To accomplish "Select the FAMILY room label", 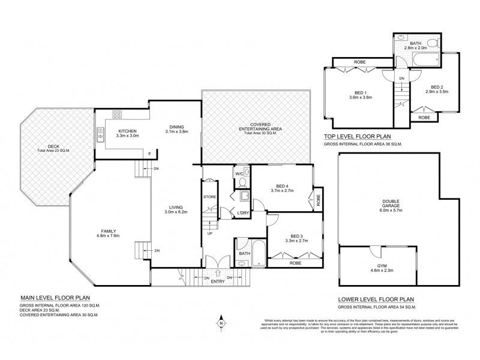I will tap(109, 231).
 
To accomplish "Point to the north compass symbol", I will tap(221, 323).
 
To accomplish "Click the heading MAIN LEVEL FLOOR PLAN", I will tap(55, 296).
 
